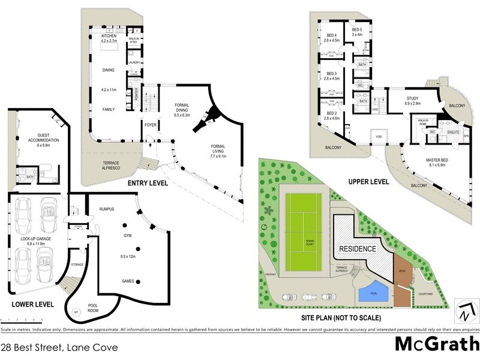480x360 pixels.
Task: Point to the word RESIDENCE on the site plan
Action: point(358,249)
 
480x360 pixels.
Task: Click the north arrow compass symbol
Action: point(466,310)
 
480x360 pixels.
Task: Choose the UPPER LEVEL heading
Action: point(368,181)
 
